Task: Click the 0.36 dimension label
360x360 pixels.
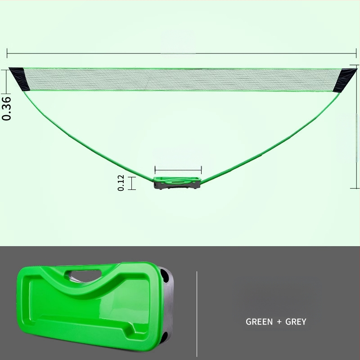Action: (x=6, y=108)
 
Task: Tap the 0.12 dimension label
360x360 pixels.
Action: (x=121, y=183)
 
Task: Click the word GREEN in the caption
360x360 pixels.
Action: (x=259, y=322)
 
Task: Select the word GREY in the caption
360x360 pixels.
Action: (x=296, y=322)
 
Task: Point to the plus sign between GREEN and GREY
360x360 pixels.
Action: (x=279, y=322)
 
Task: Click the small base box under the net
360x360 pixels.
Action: (x=177, y=183)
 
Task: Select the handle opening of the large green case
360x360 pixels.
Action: (x=85, y=274)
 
